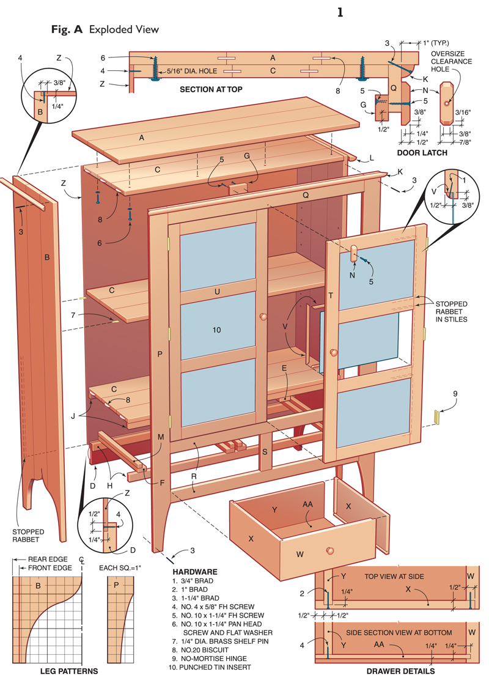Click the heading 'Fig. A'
click(x=68, y=29)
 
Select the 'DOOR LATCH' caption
click(x=422, y=152)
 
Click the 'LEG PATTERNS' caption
click(x=68, y=671)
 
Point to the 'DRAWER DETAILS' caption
click(x=400, y=671)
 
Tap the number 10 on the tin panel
click(x=216, y=330)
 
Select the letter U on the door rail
click(x=216, y=292)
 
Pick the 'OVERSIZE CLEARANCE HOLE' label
click(x=451, y=61)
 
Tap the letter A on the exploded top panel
click(x=141, y=138)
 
